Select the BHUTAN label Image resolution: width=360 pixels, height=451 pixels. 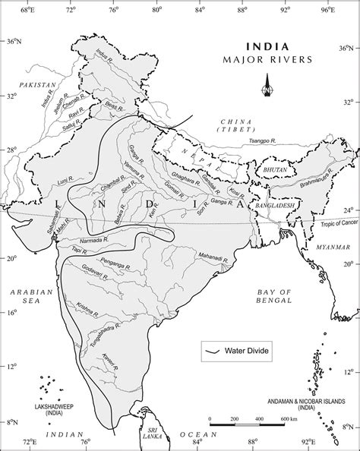(275, 170)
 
